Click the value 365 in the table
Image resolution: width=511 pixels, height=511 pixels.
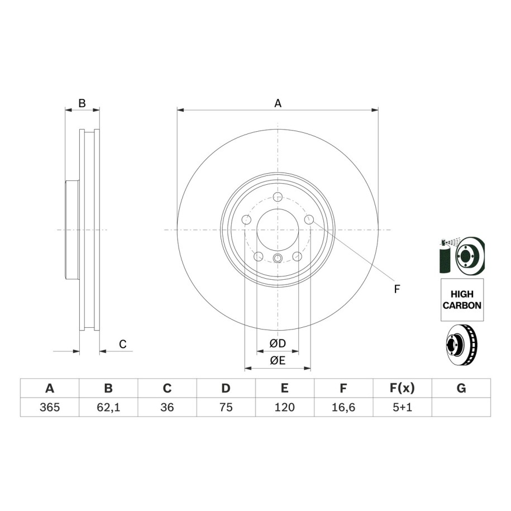click(x=50, y=407)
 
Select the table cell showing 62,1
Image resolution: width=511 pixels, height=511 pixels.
click(x=108, y=407)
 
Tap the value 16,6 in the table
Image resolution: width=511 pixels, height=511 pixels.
click(x=343, y=407)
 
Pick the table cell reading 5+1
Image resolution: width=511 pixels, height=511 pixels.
click(x=403, y=407)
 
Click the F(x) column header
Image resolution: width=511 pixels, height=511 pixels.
click(x=403, y=388)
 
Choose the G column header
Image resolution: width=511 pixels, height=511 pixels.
click(x=461, y=388)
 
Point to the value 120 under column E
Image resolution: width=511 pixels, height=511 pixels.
click(x=284, y=407)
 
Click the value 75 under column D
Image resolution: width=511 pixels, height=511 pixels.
click(x=226, y=407)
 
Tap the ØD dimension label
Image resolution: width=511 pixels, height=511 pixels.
click(x=278, y=343)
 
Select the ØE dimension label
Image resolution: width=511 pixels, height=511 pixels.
click(x=278, y=360)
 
